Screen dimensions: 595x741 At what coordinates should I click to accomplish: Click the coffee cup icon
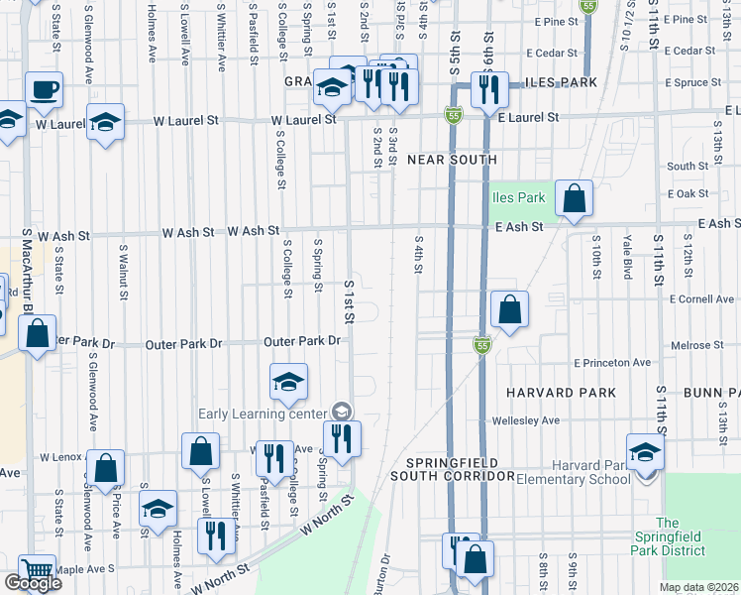coord(45,90)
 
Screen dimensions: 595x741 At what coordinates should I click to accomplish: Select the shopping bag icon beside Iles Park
coord(574,198)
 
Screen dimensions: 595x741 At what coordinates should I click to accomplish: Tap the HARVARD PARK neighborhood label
coord(562,393)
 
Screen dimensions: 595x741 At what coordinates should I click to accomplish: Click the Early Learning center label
coord(263,414)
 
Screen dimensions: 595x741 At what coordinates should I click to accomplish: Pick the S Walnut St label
coord(124,271)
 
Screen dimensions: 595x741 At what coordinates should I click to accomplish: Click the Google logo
coord(33,583)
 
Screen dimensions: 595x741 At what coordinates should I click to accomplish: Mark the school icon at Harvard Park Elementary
coord(645,452)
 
